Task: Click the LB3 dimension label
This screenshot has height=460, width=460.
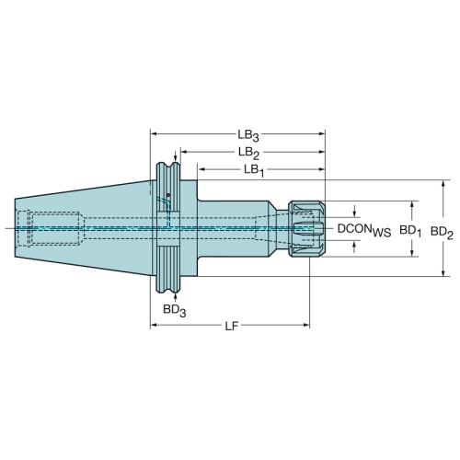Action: [248, 135]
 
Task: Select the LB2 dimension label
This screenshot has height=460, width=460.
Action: [248, 153]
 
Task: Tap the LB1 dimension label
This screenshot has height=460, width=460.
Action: [254, 170]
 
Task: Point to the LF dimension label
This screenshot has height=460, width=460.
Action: [232, 327]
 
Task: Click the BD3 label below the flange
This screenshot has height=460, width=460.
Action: [174, 311]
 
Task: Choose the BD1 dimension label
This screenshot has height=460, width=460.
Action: [410, 231]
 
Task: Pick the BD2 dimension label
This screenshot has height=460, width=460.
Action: [442, 233]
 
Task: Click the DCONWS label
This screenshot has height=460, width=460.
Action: [364, 230]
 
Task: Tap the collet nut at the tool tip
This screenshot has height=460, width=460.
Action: [305, 229]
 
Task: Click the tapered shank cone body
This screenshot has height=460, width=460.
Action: [83, 228]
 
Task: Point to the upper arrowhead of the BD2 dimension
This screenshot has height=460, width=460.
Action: [443, 183]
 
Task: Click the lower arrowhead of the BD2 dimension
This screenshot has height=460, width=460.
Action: [443, 273]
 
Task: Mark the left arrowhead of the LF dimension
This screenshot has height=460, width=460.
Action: [154, 325]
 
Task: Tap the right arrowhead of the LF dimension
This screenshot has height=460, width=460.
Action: [306, 325]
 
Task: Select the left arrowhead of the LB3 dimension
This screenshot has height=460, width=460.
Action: [154, 133]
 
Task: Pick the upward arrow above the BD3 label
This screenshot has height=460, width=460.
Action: [175, 298]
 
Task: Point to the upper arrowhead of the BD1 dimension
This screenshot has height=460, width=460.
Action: [412, 204]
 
